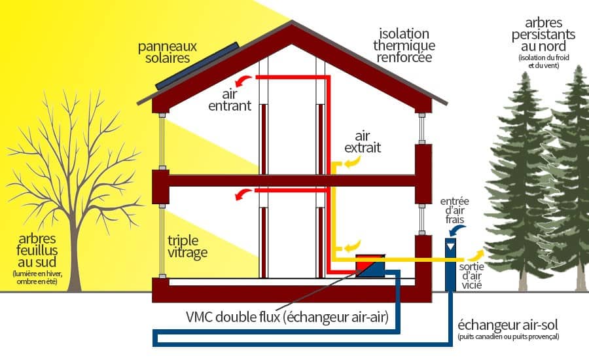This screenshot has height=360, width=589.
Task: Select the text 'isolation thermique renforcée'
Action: click(403, 45)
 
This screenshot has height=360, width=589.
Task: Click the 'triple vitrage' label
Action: click(187, 246)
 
